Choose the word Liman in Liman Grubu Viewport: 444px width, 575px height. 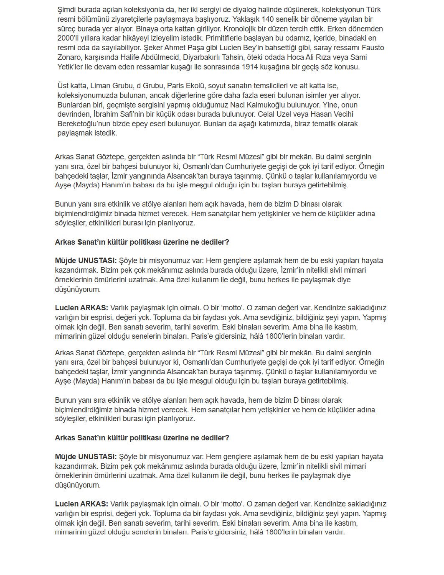99,86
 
